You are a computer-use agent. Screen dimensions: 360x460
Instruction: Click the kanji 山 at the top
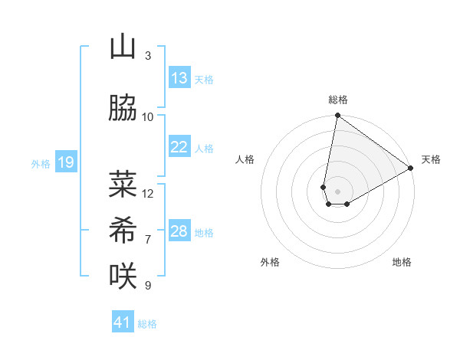pyautogui.click(x=123, y=47)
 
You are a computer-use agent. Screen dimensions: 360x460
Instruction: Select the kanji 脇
pyautogui.click(x=123, y=109)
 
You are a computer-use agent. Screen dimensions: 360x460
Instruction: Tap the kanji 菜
pyautogui.click(x=123, y=185)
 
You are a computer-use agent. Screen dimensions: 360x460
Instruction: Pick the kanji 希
pyautogui.click(x=123, y=229)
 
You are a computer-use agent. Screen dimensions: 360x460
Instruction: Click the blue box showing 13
pyautogui.click(x=179, y=78)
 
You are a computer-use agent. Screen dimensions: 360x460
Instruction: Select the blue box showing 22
pyautogui.click(x=179, y=147)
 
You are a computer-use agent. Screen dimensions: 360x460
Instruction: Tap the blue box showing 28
pyautogui.click(x=179, y=231)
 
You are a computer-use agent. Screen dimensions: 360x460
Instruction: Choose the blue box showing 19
pyautogui.click(x=65, y=162)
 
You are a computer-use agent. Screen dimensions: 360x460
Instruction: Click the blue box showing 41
pyautogui.click(x=123, y=322)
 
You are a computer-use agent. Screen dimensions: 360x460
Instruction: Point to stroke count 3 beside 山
pyautogui.click(x=148, y=56)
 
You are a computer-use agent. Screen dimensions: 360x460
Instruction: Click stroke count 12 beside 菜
pyautogui.click(x=148, y=193)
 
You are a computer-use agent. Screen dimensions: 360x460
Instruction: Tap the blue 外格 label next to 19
pyautogui.click(x=40, y=163)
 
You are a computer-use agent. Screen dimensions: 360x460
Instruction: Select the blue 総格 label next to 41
pyautogui.click(x=147, y=324)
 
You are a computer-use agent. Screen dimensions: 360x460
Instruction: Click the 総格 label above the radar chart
pyautogui.click(x=337, y=100)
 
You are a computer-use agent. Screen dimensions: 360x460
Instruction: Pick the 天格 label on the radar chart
pyautogui.click(x=431, y=159)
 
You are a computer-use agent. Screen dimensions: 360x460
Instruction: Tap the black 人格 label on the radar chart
pyautogui.click(x=245, y=159)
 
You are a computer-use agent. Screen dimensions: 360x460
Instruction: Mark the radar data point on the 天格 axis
pyautogui.click(x=411, y=169)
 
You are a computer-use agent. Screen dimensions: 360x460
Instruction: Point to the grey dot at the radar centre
pyautogui.click(x=337, y=190)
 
